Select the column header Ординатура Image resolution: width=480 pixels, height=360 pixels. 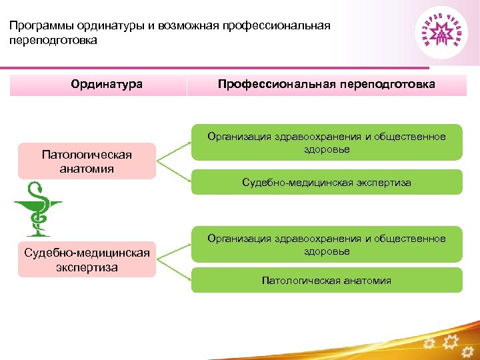coord(107,85)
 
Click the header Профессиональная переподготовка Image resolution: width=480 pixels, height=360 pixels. coord(327,85)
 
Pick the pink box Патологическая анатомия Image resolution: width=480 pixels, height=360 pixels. coord(87,161)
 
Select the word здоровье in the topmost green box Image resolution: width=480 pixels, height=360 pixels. coord(326,149)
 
